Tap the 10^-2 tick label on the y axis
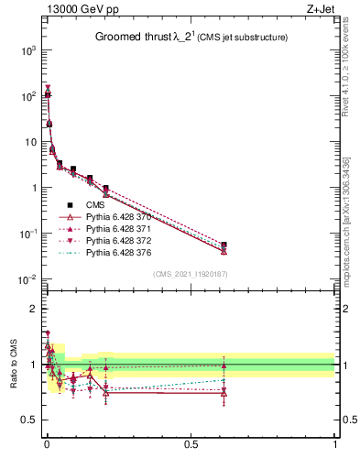(28, 279)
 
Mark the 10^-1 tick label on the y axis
(28, 234)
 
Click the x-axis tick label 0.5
(191, 446)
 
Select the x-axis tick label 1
(335, 446)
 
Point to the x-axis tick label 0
(48, 446)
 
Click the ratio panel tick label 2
(34, 308)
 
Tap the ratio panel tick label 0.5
(30, 420)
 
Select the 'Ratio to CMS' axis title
(13, 364)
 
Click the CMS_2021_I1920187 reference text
(191, 274)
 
